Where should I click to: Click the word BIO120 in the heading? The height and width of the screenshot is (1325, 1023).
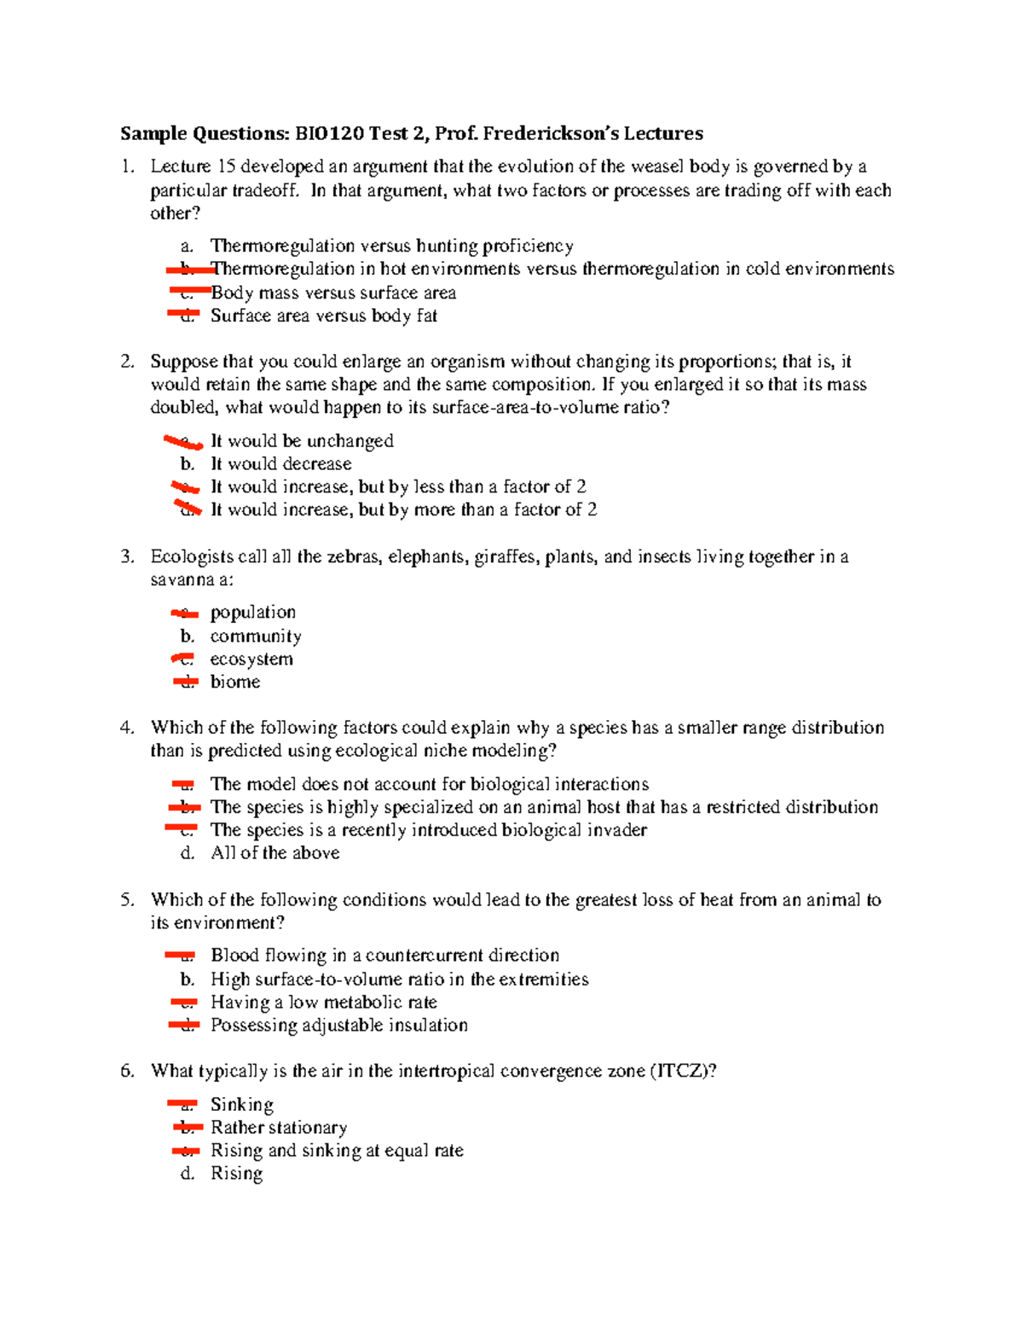329,133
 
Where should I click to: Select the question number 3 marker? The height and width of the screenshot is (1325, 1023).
127,557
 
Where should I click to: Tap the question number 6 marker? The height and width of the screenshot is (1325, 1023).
127,1072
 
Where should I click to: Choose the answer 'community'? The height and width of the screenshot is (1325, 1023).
256,636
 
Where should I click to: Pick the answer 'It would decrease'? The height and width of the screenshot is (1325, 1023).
280,464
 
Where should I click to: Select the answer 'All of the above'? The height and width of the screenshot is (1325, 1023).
275,853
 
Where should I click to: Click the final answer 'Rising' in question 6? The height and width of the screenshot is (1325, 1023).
236,1174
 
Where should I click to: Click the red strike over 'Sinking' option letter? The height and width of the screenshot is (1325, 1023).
182,1104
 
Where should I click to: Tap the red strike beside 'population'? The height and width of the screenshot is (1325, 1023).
184,613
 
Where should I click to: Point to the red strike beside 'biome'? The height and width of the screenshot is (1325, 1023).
185,682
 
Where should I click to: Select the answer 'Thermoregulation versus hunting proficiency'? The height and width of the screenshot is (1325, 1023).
391,247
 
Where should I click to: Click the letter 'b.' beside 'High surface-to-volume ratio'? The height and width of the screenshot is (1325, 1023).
188,979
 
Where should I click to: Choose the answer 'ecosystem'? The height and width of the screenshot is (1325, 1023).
251,660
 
